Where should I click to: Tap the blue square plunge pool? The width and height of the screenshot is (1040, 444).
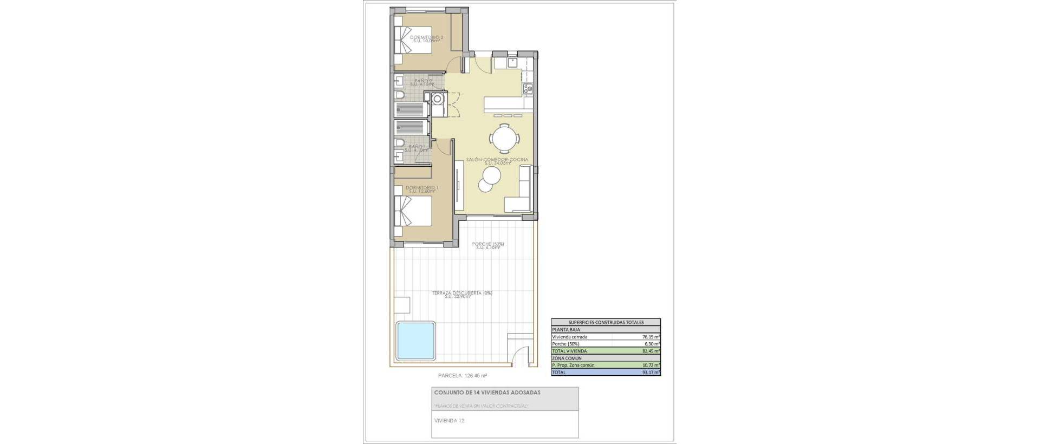416,341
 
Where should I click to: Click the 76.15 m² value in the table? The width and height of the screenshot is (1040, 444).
651,337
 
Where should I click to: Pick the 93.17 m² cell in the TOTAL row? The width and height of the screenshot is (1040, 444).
651,372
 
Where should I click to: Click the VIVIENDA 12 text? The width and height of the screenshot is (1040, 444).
449,420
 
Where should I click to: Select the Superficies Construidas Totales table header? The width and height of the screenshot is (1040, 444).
606,322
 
